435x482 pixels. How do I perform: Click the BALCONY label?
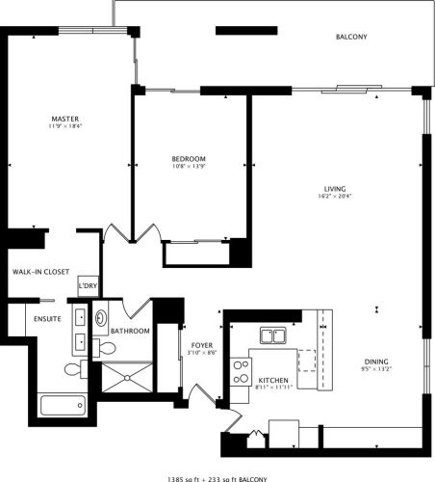click(351, 38)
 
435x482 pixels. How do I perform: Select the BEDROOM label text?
click(189, 159)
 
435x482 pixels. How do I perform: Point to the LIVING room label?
click(335, 188)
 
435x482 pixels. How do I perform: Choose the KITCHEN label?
click(273, 381)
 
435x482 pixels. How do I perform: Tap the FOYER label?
click(202, 345)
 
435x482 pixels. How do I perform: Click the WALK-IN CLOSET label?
click(38, 272)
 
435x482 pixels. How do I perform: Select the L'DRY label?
click(88, 285)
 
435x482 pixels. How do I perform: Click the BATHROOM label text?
click(130, 332)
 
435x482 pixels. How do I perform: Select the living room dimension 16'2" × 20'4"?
click(335, 196)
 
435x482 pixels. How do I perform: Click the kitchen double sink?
click(273, 336)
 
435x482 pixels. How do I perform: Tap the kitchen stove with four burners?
click(242, 371)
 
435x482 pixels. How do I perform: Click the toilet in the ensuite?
click(73, 369)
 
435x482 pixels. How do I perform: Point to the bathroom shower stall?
click(127, 377)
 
